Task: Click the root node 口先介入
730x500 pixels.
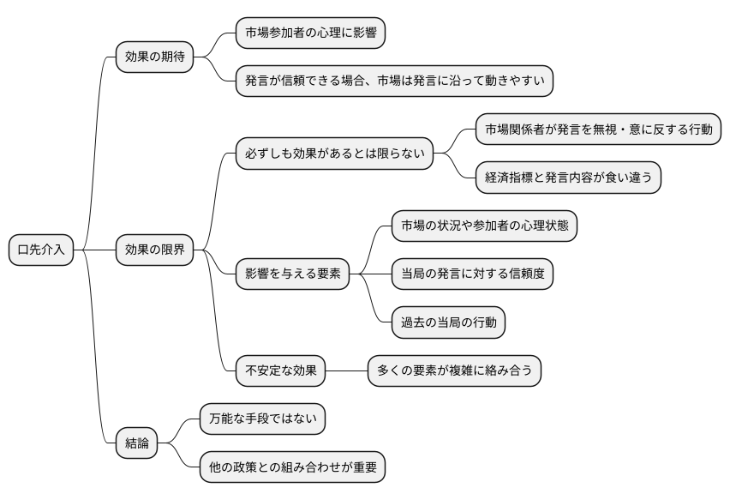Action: click(x=42, y=250)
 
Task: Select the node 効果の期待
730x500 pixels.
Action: click(x=154, y=57)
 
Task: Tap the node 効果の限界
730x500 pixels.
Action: click(x=154, y=250)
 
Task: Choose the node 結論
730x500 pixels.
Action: click(x=137, y=443)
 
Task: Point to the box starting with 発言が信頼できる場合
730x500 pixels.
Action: click(x=394, y=81)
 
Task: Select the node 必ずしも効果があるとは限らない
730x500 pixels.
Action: click(x=334, y=154)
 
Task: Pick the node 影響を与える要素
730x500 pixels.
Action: click(x=292, y=274)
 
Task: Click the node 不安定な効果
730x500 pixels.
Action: click(x=281, y=370)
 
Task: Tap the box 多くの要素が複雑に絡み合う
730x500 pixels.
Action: click(x=454, y=370)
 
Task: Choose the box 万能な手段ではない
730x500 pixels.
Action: click(x=262, y=419)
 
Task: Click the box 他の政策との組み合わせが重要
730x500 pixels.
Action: click(x=292, y=467)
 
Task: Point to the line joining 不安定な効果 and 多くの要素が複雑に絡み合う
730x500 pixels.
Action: click(x=347, y=370)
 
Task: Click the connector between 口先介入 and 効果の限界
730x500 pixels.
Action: click(x=95, y=250)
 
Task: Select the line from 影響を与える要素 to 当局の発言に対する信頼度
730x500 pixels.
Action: click(x=369, y=274)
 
